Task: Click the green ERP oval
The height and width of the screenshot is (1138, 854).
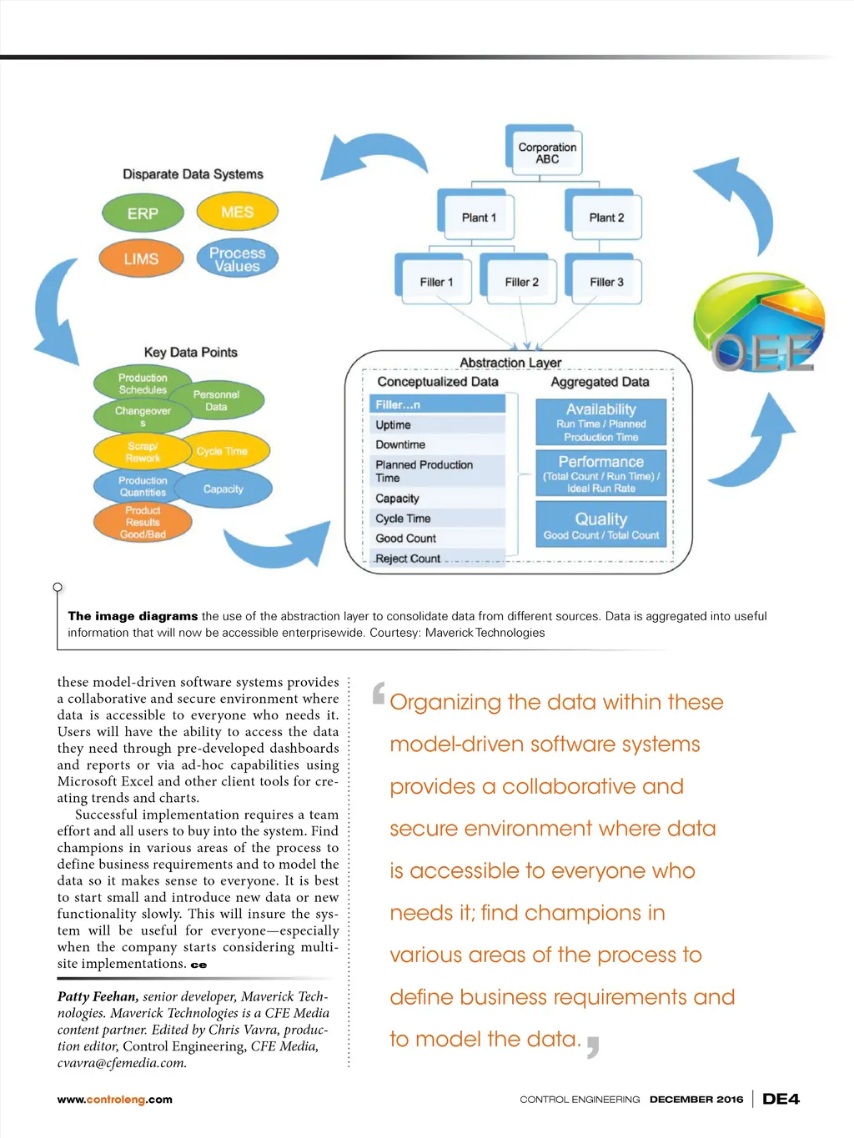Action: click(x=143, y=213)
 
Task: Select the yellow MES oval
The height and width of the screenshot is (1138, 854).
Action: click(x=237, y=212)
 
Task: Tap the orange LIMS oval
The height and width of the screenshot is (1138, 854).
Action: click(x=141, y=258)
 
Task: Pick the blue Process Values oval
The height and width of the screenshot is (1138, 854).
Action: click(x=237, y=259)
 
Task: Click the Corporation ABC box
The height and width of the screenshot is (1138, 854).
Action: click(x=546, y=153)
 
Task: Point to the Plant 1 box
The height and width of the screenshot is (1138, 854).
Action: click(x=478, y=218)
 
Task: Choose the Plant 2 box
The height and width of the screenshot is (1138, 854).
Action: click(x=605, y=218)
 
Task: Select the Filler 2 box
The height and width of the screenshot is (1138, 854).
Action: click(x=521, y=282)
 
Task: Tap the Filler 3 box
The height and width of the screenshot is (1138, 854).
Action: click(x=606, y=282)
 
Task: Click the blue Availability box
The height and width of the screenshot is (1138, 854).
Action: click(x=600, y=422)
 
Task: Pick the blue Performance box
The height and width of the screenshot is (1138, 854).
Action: click(x=600, y=474)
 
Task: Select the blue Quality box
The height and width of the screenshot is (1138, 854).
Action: click(x=600, y=524)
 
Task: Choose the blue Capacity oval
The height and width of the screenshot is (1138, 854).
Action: click(x=224, y=489)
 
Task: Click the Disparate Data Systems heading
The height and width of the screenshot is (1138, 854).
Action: click(x=193, y=174)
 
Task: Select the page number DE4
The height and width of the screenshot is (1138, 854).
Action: click(x=781, y=1099)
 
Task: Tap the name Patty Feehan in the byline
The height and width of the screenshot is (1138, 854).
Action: click(x=97, y=996)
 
